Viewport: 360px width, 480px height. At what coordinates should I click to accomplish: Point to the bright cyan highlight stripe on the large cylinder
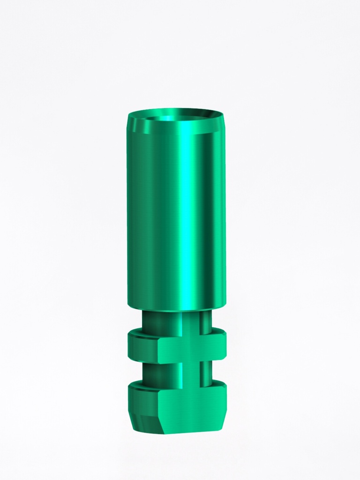click(x=187, y=211)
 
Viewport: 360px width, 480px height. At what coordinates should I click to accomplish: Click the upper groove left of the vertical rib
click(x=162, y=321)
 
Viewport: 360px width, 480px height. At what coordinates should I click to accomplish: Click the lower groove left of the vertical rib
click(x=162, y=373)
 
